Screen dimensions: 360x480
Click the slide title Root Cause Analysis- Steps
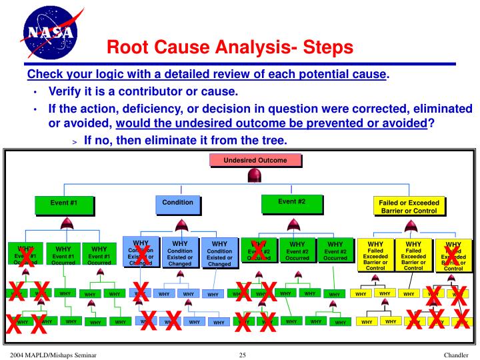tap(230, 47)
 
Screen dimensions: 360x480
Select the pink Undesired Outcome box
tap(255, 161)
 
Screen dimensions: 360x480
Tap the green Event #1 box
tap(64, 203)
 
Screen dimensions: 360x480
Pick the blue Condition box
tap(178, 203)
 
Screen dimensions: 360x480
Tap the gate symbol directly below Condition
tap(178, 224)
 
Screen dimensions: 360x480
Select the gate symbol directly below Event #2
tap(292, 224)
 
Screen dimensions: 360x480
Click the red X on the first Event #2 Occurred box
tap(259, 249)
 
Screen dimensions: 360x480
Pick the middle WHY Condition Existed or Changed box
tap(180, 253)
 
